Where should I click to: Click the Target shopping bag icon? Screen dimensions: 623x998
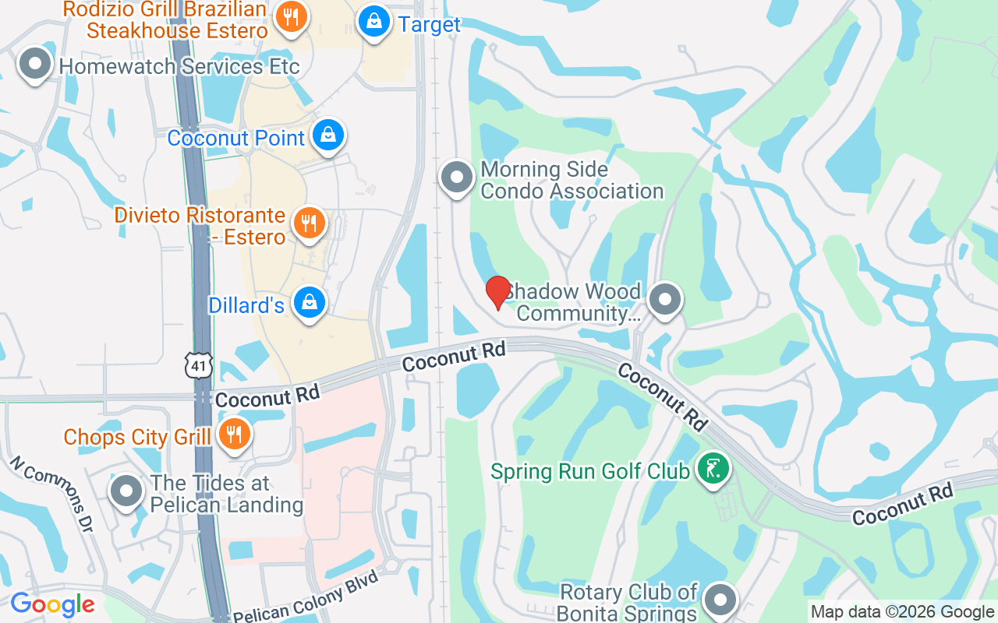tap(375, 23)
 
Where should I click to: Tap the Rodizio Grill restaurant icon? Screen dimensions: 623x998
tap(291, 17)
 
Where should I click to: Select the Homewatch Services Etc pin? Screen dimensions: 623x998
tap(34, 65)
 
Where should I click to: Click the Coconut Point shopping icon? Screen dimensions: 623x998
tap(328, 136)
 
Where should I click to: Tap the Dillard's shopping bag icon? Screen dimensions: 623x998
tap(310, 303)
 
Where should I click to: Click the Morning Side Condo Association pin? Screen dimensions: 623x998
tap(457, 178)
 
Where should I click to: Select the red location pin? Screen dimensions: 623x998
tap(498, 292)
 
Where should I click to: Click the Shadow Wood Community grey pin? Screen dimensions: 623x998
tap(665, 300)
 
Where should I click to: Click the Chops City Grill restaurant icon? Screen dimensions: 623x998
tap(233, 435)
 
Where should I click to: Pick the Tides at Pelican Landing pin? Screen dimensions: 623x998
tap(126, 492)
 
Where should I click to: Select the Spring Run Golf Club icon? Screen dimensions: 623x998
tap(713, 470)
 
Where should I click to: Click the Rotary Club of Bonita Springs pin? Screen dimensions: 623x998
tap(720, 600)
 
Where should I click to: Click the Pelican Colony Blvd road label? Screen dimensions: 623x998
tap(306, 597)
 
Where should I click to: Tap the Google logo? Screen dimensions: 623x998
tap(52, 604)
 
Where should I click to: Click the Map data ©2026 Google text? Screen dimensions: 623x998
tap(902, 612)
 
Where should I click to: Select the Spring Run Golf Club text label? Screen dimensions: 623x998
tap(590, 471)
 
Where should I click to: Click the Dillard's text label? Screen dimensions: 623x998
tap(246, 305)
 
